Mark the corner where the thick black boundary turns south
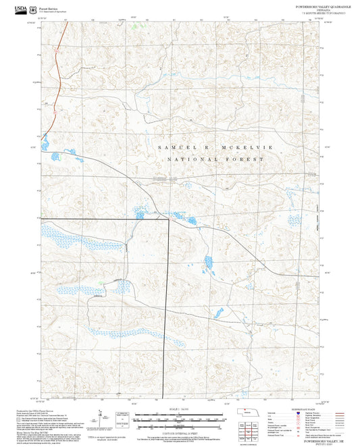(x=167, y=220)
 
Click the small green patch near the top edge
(x=134, y=27)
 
